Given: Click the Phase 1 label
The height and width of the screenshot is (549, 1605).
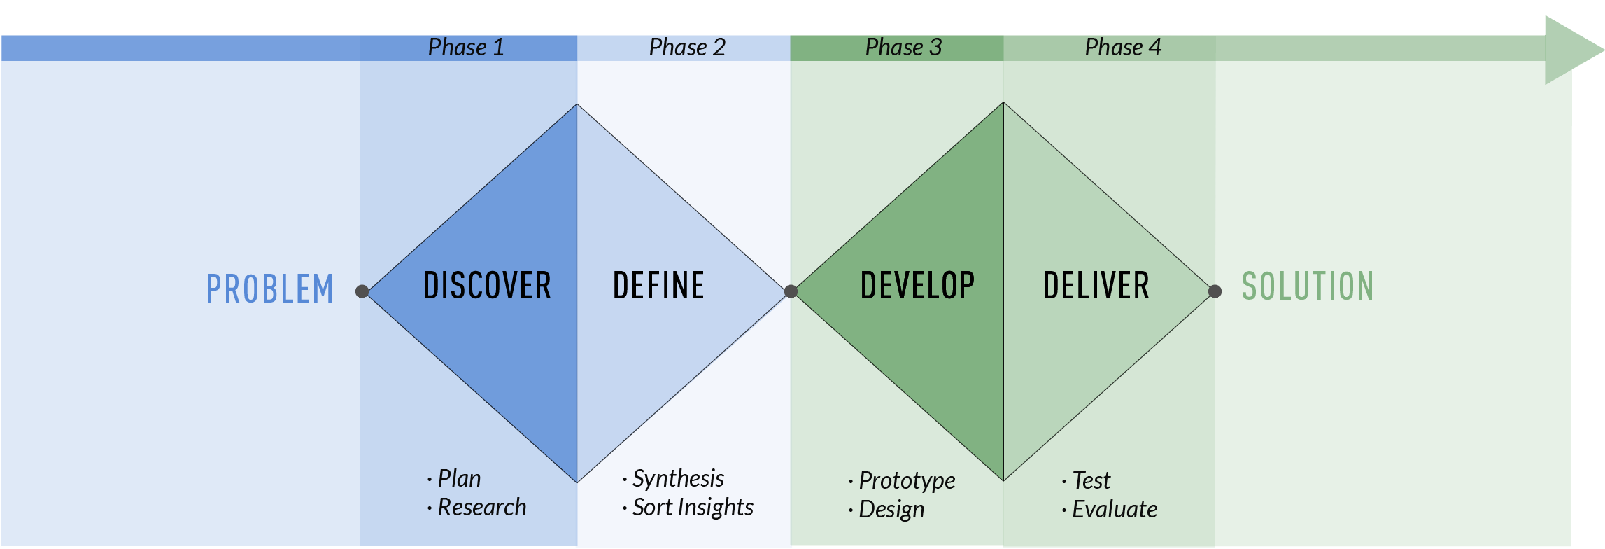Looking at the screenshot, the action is tap(466, 48).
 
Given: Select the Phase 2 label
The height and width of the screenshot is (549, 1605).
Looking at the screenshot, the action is tap(687, 48).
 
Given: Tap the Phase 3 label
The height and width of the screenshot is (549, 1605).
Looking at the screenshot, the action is tap(903, 48).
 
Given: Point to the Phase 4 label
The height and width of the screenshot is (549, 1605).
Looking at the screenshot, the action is tap(1123, 48).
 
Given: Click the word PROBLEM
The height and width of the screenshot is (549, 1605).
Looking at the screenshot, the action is tap(270, 289).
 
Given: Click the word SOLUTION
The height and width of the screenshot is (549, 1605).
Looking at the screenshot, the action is tap(1308, 286).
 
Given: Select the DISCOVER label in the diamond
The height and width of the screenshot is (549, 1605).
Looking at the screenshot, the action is tap(488, 286).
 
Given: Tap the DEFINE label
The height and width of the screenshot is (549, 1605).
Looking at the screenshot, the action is tap(658, 286).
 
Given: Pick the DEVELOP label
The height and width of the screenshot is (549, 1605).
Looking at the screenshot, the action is tap(917, 286).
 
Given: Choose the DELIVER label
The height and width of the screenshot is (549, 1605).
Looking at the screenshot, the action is tap(1096, 286).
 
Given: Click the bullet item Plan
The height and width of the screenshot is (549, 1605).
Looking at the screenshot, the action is tap(454, 478).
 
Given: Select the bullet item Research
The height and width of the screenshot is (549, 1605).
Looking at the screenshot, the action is tap(476, 507).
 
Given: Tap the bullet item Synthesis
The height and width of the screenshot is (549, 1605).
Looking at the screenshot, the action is tap(673, 479).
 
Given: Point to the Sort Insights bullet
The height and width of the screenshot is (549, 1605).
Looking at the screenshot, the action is tap(688, 508).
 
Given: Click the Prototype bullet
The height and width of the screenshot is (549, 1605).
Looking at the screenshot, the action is tap(902, 481).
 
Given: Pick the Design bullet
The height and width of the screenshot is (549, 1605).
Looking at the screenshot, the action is tap(886, 510).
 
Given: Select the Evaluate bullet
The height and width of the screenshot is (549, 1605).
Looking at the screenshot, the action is tap(1110, 509).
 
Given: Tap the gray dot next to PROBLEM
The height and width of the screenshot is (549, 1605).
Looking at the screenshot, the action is tap(362, 291).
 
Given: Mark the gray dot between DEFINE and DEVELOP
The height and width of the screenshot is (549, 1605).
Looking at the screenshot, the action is tap(791, 291).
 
